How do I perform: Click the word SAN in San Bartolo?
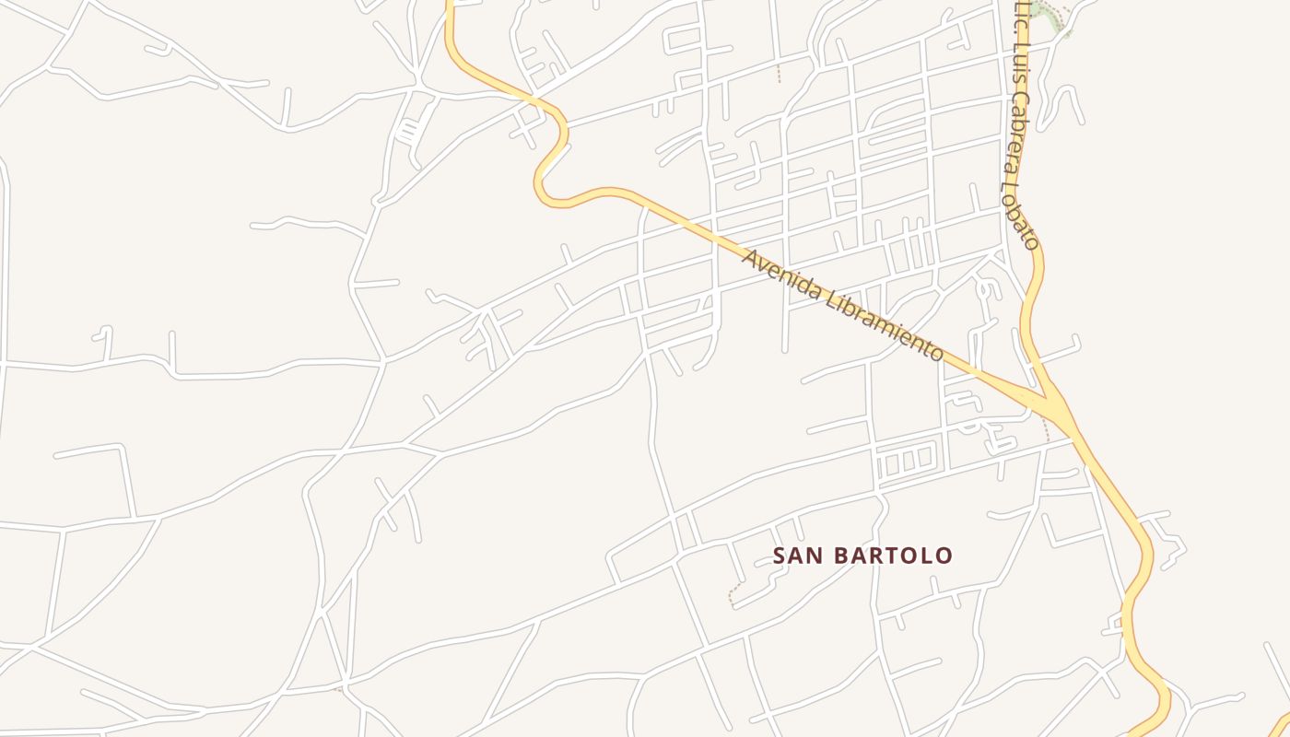(798, 556)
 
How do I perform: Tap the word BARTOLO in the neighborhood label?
(893, 556)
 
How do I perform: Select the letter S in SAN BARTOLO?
(780, 556)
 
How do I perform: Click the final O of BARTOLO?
(944, 556)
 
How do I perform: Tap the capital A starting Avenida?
(749, 257)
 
